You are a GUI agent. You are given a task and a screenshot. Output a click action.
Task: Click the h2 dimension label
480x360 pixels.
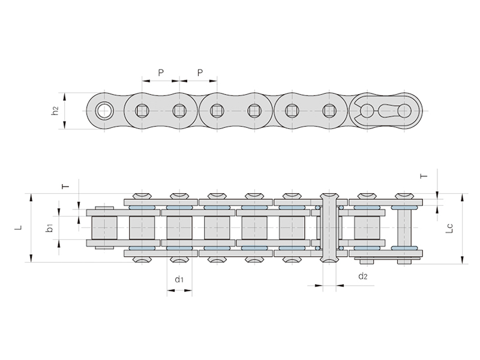pos(55,110)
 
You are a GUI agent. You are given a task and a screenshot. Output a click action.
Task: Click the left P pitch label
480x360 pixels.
pos(161,73)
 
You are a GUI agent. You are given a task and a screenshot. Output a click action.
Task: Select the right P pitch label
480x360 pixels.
pos(200,73)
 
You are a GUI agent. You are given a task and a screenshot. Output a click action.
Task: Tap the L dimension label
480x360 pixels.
pos(19,227)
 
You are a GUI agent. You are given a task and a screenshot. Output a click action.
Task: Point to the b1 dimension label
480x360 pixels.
pos(50,227)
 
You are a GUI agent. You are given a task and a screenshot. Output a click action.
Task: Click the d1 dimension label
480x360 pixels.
pos(179,279)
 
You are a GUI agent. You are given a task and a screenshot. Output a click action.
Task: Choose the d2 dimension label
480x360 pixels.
pos(363,276)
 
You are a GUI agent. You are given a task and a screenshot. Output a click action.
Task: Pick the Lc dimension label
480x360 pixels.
pos(449,228)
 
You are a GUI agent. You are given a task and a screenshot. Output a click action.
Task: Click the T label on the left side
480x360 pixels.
pos(65,186)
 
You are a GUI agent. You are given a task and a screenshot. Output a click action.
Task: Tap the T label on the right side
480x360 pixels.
pos(424,176)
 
